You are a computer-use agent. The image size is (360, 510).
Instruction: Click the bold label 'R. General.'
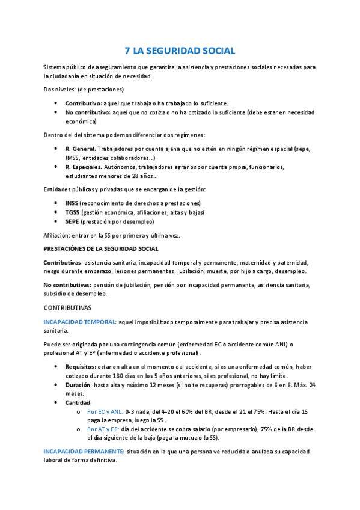tap(80, 149)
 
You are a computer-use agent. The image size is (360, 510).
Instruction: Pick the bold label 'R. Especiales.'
tap(85, 167)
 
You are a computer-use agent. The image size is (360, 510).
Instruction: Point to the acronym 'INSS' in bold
tap(72, 203)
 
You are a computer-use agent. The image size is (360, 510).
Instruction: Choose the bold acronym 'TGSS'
tap(73, 212)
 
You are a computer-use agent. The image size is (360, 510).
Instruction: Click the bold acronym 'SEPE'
tap(72, 221)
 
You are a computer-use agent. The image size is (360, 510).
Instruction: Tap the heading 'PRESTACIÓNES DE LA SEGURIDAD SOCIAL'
tap(101, 248)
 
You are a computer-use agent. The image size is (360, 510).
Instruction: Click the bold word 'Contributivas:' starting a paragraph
tap(63, 262)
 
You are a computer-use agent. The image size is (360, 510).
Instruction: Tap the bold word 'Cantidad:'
tap(79, 402)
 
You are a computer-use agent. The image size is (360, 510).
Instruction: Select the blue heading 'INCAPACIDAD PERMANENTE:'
tap(84, 451)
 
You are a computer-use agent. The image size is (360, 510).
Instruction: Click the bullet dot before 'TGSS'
tap(56, 212)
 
